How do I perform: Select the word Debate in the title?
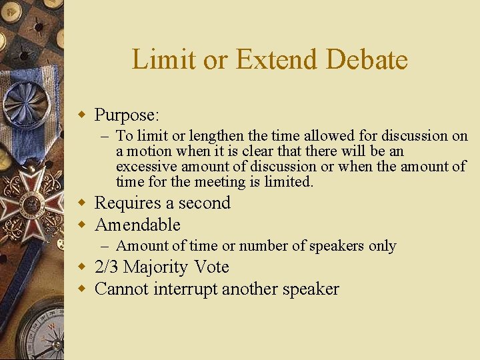(367, 59)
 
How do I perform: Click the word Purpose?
(127, 115)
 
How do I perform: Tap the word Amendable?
(137, 225)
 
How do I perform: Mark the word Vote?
(211, 267)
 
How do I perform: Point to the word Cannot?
(122, 289)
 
